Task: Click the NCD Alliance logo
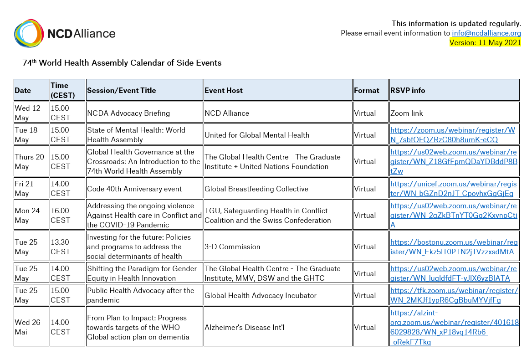[65, 33]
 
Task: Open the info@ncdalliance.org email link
[486, 33]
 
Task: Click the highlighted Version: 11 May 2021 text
[485, 43]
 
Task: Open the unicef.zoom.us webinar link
[453, 189]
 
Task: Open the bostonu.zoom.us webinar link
[454, 247]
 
